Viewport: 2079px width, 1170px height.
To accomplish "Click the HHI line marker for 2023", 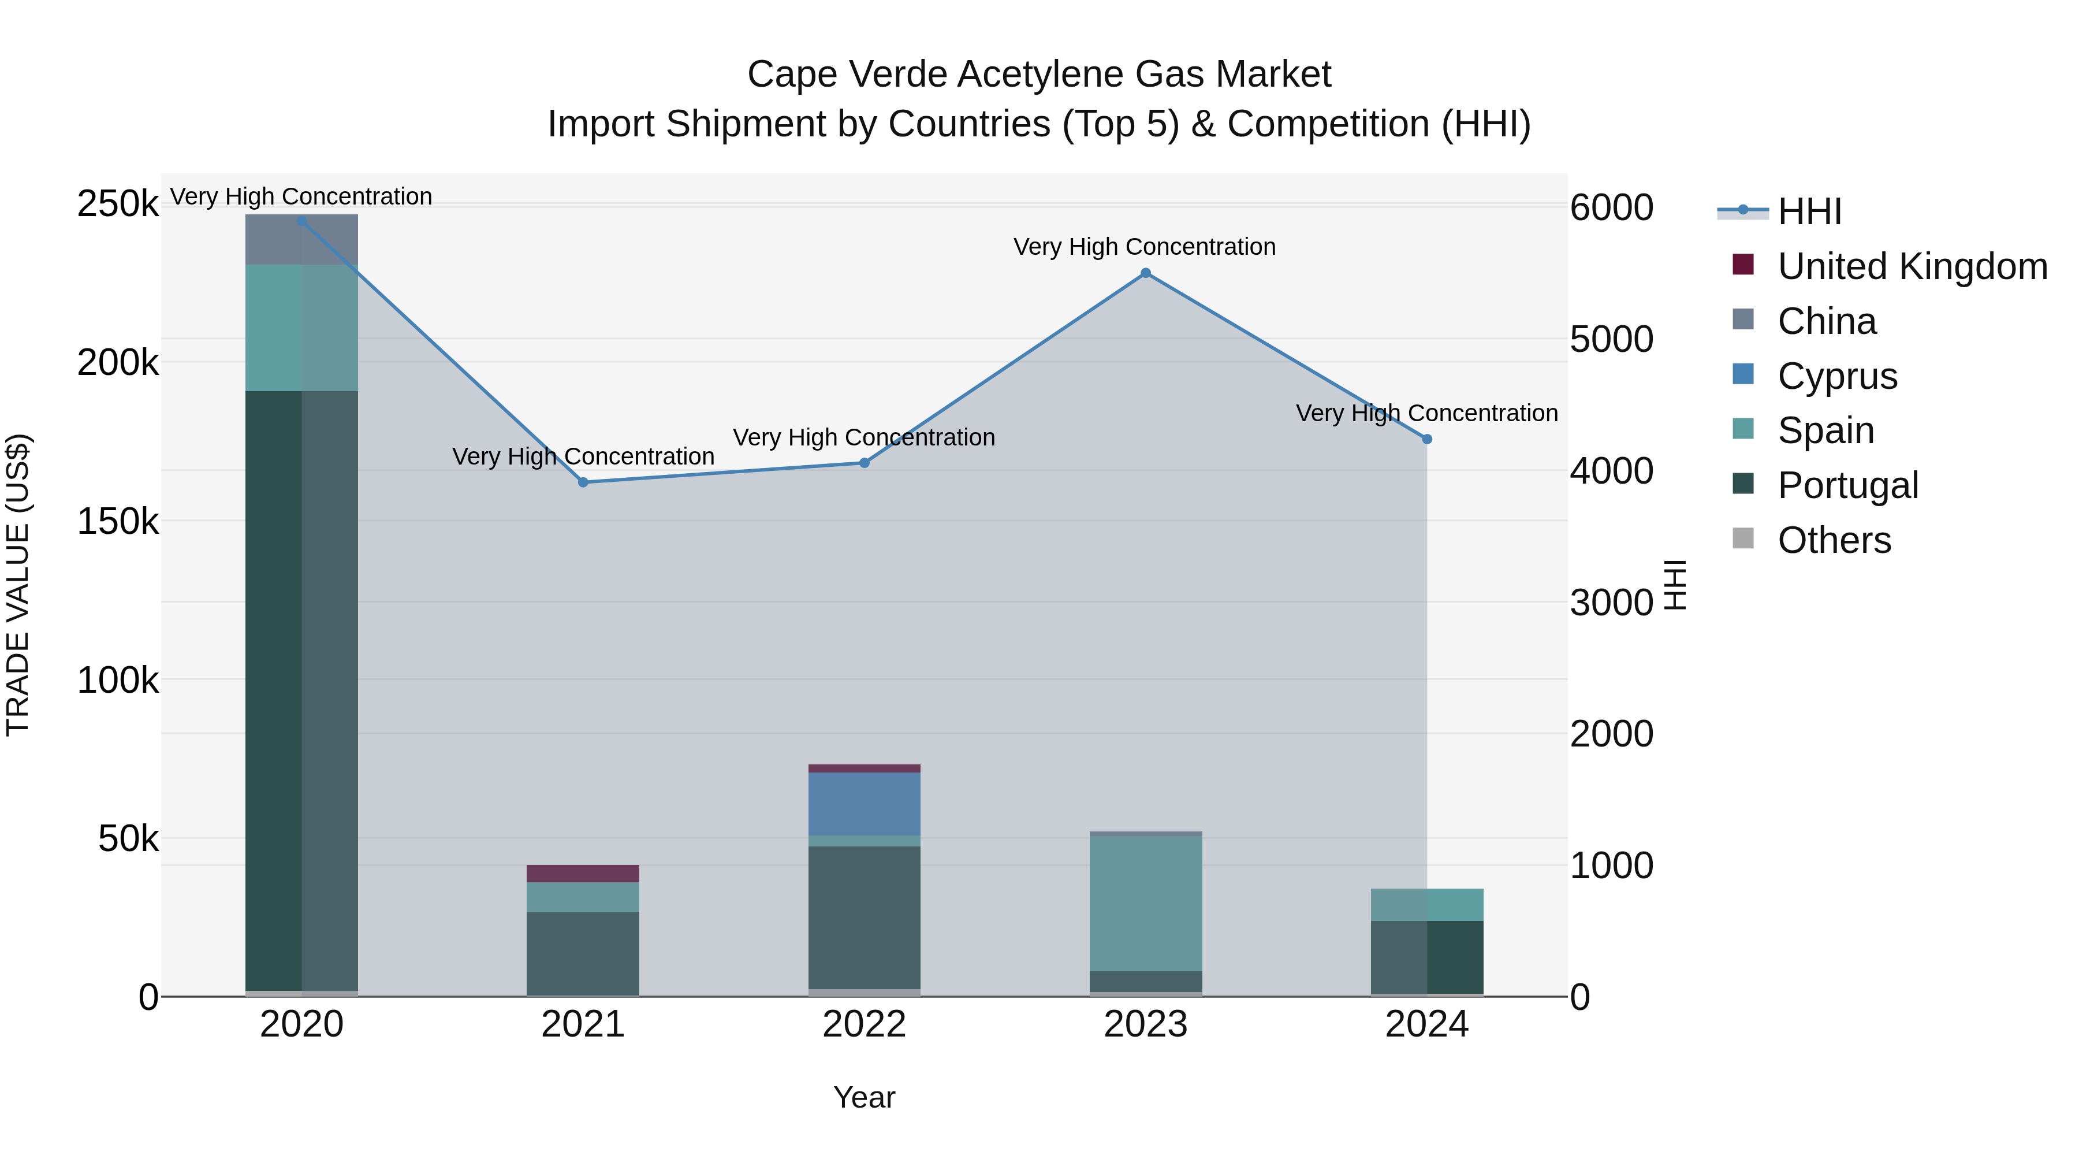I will (1145, 273).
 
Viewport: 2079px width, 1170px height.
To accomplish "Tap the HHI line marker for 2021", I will (583, 482).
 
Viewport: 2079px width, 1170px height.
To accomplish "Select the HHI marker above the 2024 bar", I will (1427, 439).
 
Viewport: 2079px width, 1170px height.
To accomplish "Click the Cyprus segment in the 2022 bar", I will (865, 804).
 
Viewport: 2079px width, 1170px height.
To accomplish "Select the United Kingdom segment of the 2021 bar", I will (583, 873).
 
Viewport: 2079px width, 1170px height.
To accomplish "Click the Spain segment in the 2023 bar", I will (1145, 902).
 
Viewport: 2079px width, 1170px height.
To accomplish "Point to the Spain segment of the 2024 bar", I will (1427, 904).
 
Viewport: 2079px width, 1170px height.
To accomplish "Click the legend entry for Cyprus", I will (1837, 376).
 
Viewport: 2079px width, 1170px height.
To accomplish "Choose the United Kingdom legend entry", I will (1911, 266).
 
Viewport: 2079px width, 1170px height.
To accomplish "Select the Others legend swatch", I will (1743, 538).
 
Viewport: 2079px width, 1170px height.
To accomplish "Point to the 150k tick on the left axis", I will (118, 522).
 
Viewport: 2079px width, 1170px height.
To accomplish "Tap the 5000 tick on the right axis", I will (1611, 339).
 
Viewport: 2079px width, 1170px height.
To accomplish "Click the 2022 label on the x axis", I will (865, 1024).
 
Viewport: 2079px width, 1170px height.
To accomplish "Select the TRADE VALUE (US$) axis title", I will (18, 585).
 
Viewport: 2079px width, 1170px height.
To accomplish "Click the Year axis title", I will (865, 1097).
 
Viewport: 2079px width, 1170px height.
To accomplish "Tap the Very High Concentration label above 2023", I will (1145, 246).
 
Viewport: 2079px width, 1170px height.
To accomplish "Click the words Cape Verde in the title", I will (847, 75).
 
